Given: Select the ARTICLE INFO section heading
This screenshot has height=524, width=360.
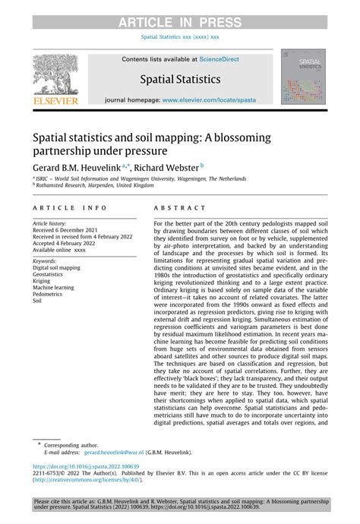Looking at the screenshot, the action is [70, 207].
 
